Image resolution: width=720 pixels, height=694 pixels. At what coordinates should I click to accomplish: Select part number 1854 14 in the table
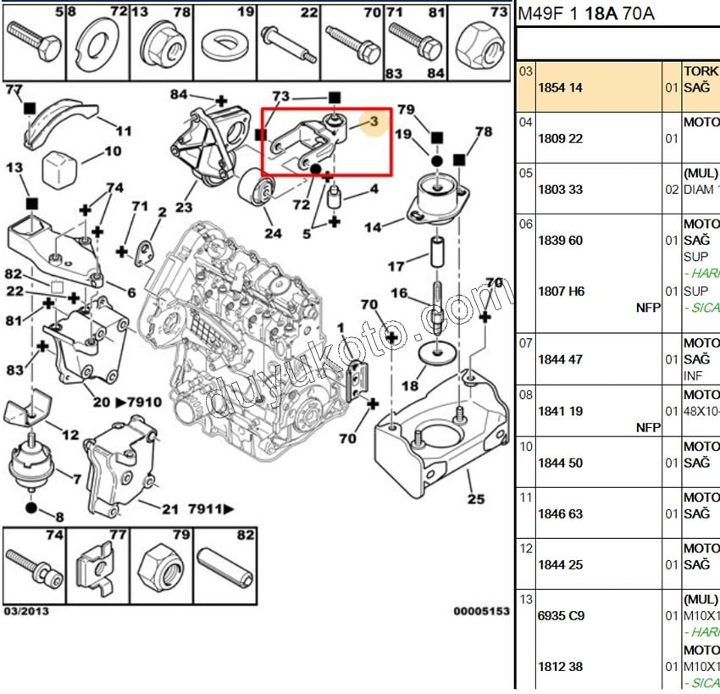pyautogui.click(x=560, y=87)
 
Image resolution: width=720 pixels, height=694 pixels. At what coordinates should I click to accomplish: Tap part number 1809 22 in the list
pyautogui.click(x=560, y=138)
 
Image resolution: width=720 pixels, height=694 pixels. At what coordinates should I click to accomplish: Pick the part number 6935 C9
pyautogui.click(x=560, y=615)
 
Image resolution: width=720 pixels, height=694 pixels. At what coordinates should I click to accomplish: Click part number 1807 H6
pyautogui.click(x=560, y=291)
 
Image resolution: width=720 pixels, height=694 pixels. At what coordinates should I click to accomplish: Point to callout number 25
pyautogui.click(x=475, y=499)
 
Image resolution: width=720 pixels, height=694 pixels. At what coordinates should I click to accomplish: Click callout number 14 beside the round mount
pyautogui.click(x=372, y=227)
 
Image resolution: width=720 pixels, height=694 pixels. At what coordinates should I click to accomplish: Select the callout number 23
pyautogui.click(x=185, y=207)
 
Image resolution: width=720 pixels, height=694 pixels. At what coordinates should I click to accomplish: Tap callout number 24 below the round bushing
pyautogui.click(x=272, y=233)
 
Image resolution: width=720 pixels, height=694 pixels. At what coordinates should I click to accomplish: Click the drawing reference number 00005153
pyautogui.click(x=480, y=610)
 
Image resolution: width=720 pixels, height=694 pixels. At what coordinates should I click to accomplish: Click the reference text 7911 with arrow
pyautogui.click(x=211, y=509)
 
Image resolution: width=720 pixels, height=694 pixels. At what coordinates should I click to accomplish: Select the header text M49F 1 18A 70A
pyautogui.click(x=585, y=14)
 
